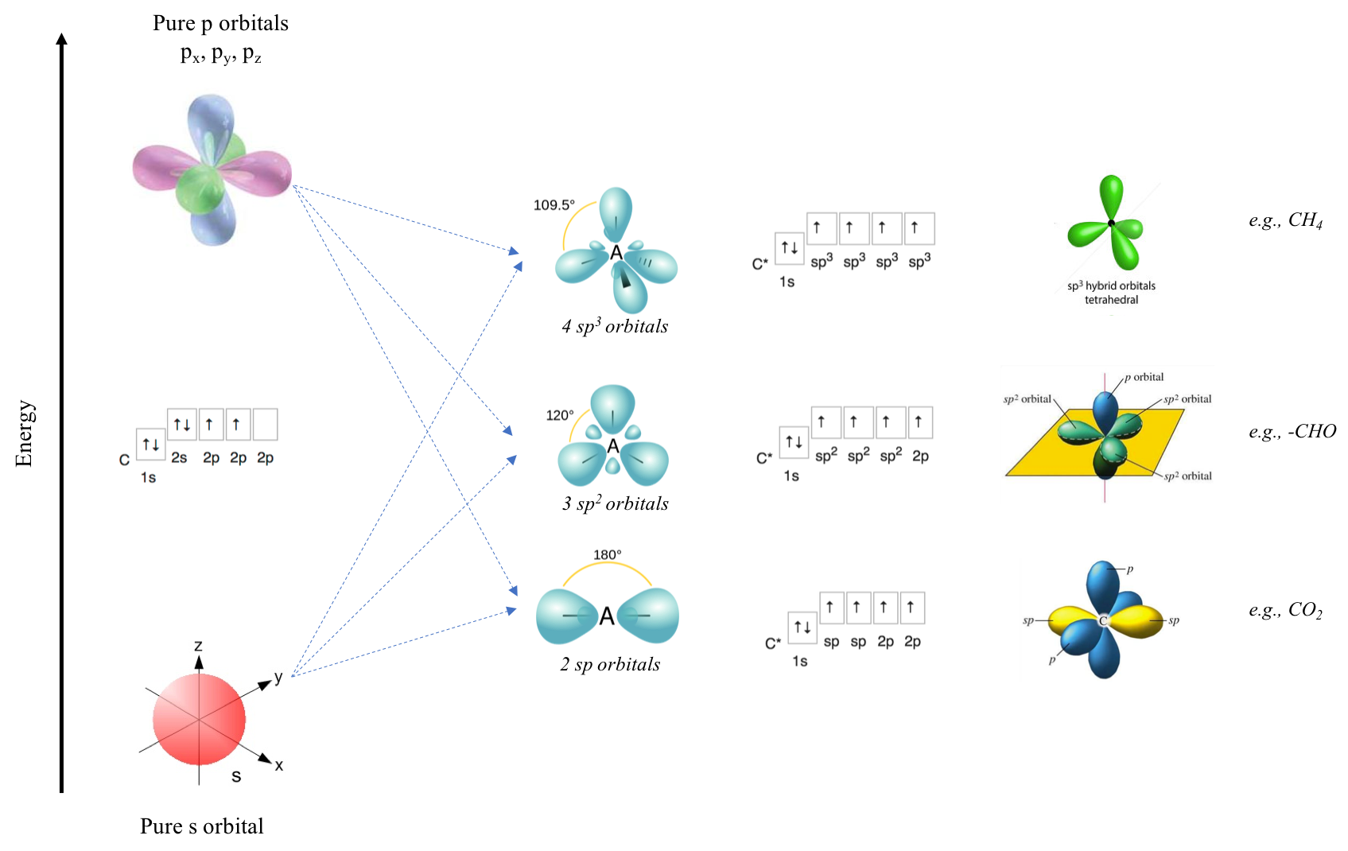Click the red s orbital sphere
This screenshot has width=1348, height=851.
click(199, 719)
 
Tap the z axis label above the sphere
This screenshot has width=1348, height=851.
click(198, 646)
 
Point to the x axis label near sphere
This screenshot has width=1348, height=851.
click(278, 765)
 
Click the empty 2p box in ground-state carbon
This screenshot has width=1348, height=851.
click(265, 425)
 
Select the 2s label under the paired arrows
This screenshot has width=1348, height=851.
click(180, 458)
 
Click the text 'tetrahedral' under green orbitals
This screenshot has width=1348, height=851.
click(1111, 300)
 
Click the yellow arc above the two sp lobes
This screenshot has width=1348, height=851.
click(608, 563)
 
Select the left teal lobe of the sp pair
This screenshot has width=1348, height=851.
click(566, 616)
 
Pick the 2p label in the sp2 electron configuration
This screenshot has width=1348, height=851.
click(920, 456)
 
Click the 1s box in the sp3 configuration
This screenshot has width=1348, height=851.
click(789, 247)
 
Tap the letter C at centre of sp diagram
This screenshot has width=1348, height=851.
click(1103, 621)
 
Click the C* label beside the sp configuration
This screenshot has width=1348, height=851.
click(772, 643)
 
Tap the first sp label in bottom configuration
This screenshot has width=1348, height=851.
click(831, 641)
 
